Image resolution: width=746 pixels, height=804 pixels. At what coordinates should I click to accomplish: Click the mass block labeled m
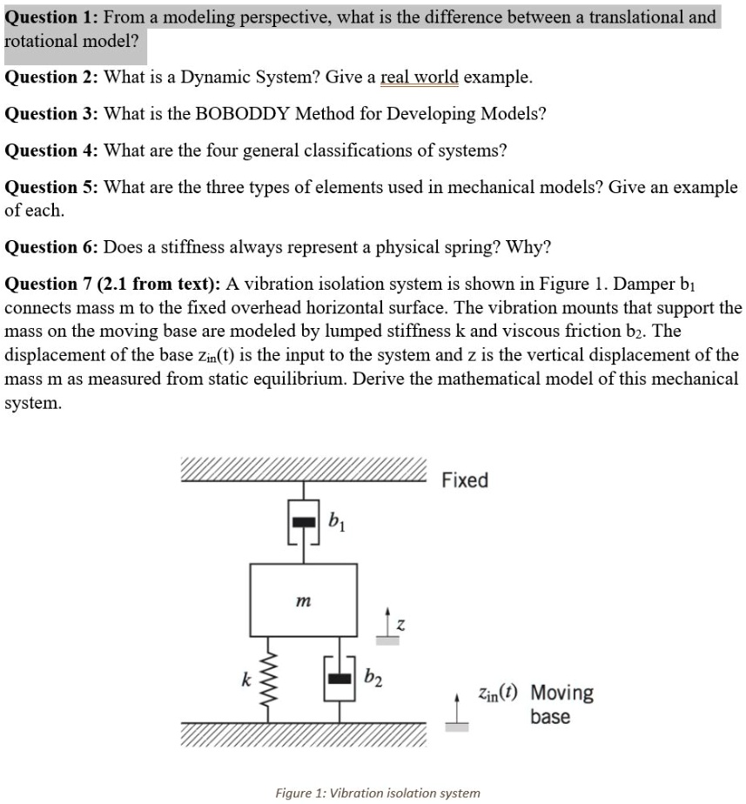pos(303,600)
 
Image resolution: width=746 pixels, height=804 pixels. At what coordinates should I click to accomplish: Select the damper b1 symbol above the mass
pos(303,522)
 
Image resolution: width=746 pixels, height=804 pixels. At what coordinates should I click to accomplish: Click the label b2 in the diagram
pos(372,676)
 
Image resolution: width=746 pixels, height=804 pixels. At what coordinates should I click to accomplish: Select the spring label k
pos(246,676)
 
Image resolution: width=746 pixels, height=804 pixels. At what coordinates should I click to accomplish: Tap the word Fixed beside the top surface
pos(465,480)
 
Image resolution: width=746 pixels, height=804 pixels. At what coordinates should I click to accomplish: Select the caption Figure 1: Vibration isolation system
pos(377,793)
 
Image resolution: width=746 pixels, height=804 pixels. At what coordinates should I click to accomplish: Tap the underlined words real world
pos(419,77)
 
